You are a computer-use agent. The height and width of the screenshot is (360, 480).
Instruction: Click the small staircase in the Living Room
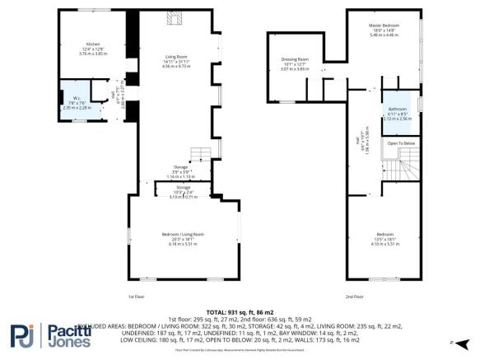pyautogui.click(x=198, y=155)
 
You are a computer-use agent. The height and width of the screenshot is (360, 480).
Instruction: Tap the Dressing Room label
pyautogui.click(x=294, y=64)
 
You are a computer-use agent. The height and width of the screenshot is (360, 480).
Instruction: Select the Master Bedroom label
pyautogui.click(x=384, y=29)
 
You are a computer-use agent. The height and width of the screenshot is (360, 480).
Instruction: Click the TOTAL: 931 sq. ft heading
pyautogui.click(x=240, y=312)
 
